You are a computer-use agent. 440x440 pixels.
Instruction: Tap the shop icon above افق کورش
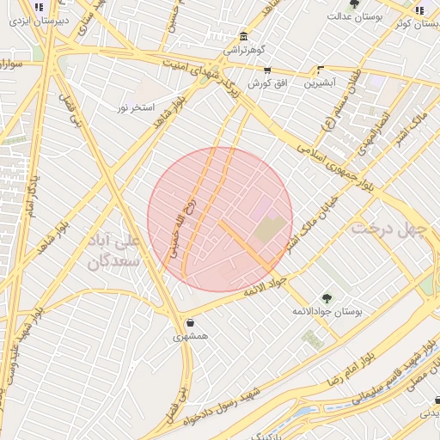pos(267,70)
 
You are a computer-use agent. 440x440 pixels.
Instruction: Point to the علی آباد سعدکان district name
pos(113,250)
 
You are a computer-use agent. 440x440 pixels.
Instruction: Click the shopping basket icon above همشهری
pos(189,323)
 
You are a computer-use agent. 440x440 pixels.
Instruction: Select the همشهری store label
pos(189,337)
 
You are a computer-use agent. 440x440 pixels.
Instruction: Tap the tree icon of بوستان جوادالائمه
pos(327,297)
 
